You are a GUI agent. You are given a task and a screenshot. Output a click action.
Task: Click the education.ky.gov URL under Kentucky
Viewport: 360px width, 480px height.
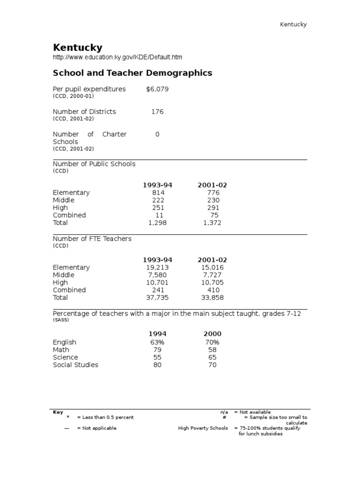(x=117, y=57)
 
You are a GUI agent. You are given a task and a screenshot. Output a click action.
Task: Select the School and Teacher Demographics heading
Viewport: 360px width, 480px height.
(x=132, y=73)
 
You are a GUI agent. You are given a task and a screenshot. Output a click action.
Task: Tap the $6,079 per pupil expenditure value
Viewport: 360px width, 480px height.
(x=157, y=89)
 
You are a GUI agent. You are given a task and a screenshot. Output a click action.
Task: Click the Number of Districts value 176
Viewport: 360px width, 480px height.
(x=157, y=112)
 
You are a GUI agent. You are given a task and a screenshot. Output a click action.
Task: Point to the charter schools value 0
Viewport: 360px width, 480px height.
(x=157, y=134)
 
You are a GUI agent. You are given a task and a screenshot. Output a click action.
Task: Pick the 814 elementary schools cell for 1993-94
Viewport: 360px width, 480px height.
(x=157, y=193)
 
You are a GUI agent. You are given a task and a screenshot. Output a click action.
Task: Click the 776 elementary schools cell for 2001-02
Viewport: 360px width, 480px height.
(x=212, y=193)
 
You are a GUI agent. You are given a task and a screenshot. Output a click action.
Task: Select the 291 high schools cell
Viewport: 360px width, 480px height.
(x=212, y=208)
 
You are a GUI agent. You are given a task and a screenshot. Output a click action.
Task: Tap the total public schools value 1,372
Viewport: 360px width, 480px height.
(x=212, y=223)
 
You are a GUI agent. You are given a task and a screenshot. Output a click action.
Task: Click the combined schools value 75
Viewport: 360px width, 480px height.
(x=214, y=215)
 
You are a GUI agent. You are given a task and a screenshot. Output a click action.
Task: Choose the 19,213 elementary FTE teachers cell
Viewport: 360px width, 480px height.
(x=157, y=268)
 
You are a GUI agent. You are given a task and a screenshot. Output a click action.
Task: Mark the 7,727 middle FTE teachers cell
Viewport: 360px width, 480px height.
(x=212, y=275)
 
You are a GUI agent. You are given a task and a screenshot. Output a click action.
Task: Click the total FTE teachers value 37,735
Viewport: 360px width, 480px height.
(x=157, y=298)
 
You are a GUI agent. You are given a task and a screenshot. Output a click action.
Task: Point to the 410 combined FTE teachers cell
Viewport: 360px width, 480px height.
(x=213, y=290)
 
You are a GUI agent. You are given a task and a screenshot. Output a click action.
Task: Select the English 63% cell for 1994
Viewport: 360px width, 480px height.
(x=157, y=343)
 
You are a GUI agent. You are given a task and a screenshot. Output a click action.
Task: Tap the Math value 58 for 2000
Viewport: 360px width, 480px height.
(x=212, y=350)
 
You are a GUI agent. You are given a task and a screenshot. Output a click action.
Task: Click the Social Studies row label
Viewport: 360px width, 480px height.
(x=75, y=365)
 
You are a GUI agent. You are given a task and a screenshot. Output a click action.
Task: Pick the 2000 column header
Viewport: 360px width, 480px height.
(x=212, y=334)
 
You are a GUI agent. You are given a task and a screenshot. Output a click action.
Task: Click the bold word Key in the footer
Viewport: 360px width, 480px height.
(x=58, y=412)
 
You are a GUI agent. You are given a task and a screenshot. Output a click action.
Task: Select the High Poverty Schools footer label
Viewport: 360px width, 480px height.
(x=203, y=428)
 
